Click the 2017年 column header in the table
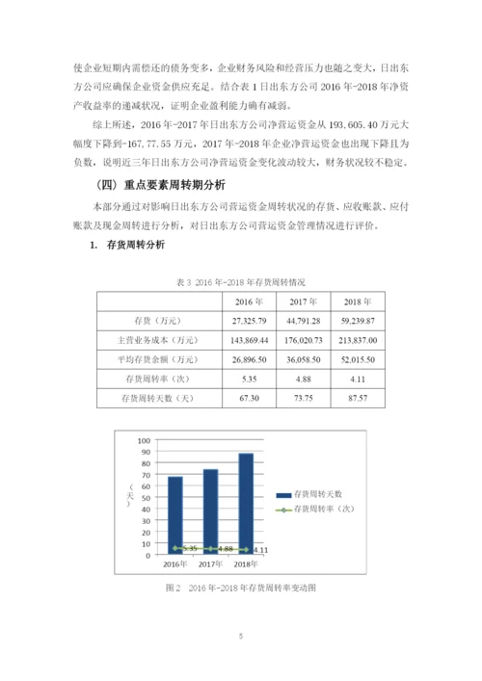click(x=304, y=301)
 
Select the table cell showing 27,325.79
click(x=249, y=321)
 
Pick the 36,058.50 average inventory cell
click(x=304, y=358)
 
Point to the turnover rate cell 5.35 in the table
click(x=249, y=378)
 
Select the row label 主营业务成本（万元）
click(x=157, y=340)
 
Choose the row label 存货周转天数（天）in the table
click(x=157, y=397)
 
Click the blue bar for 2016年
click(x=175, y=515)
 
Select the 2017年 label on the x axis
click(x=209, y=563)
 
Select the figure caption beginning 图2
click(x=241, y=587)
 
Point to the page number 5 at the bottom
click(x=241, y=637)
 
